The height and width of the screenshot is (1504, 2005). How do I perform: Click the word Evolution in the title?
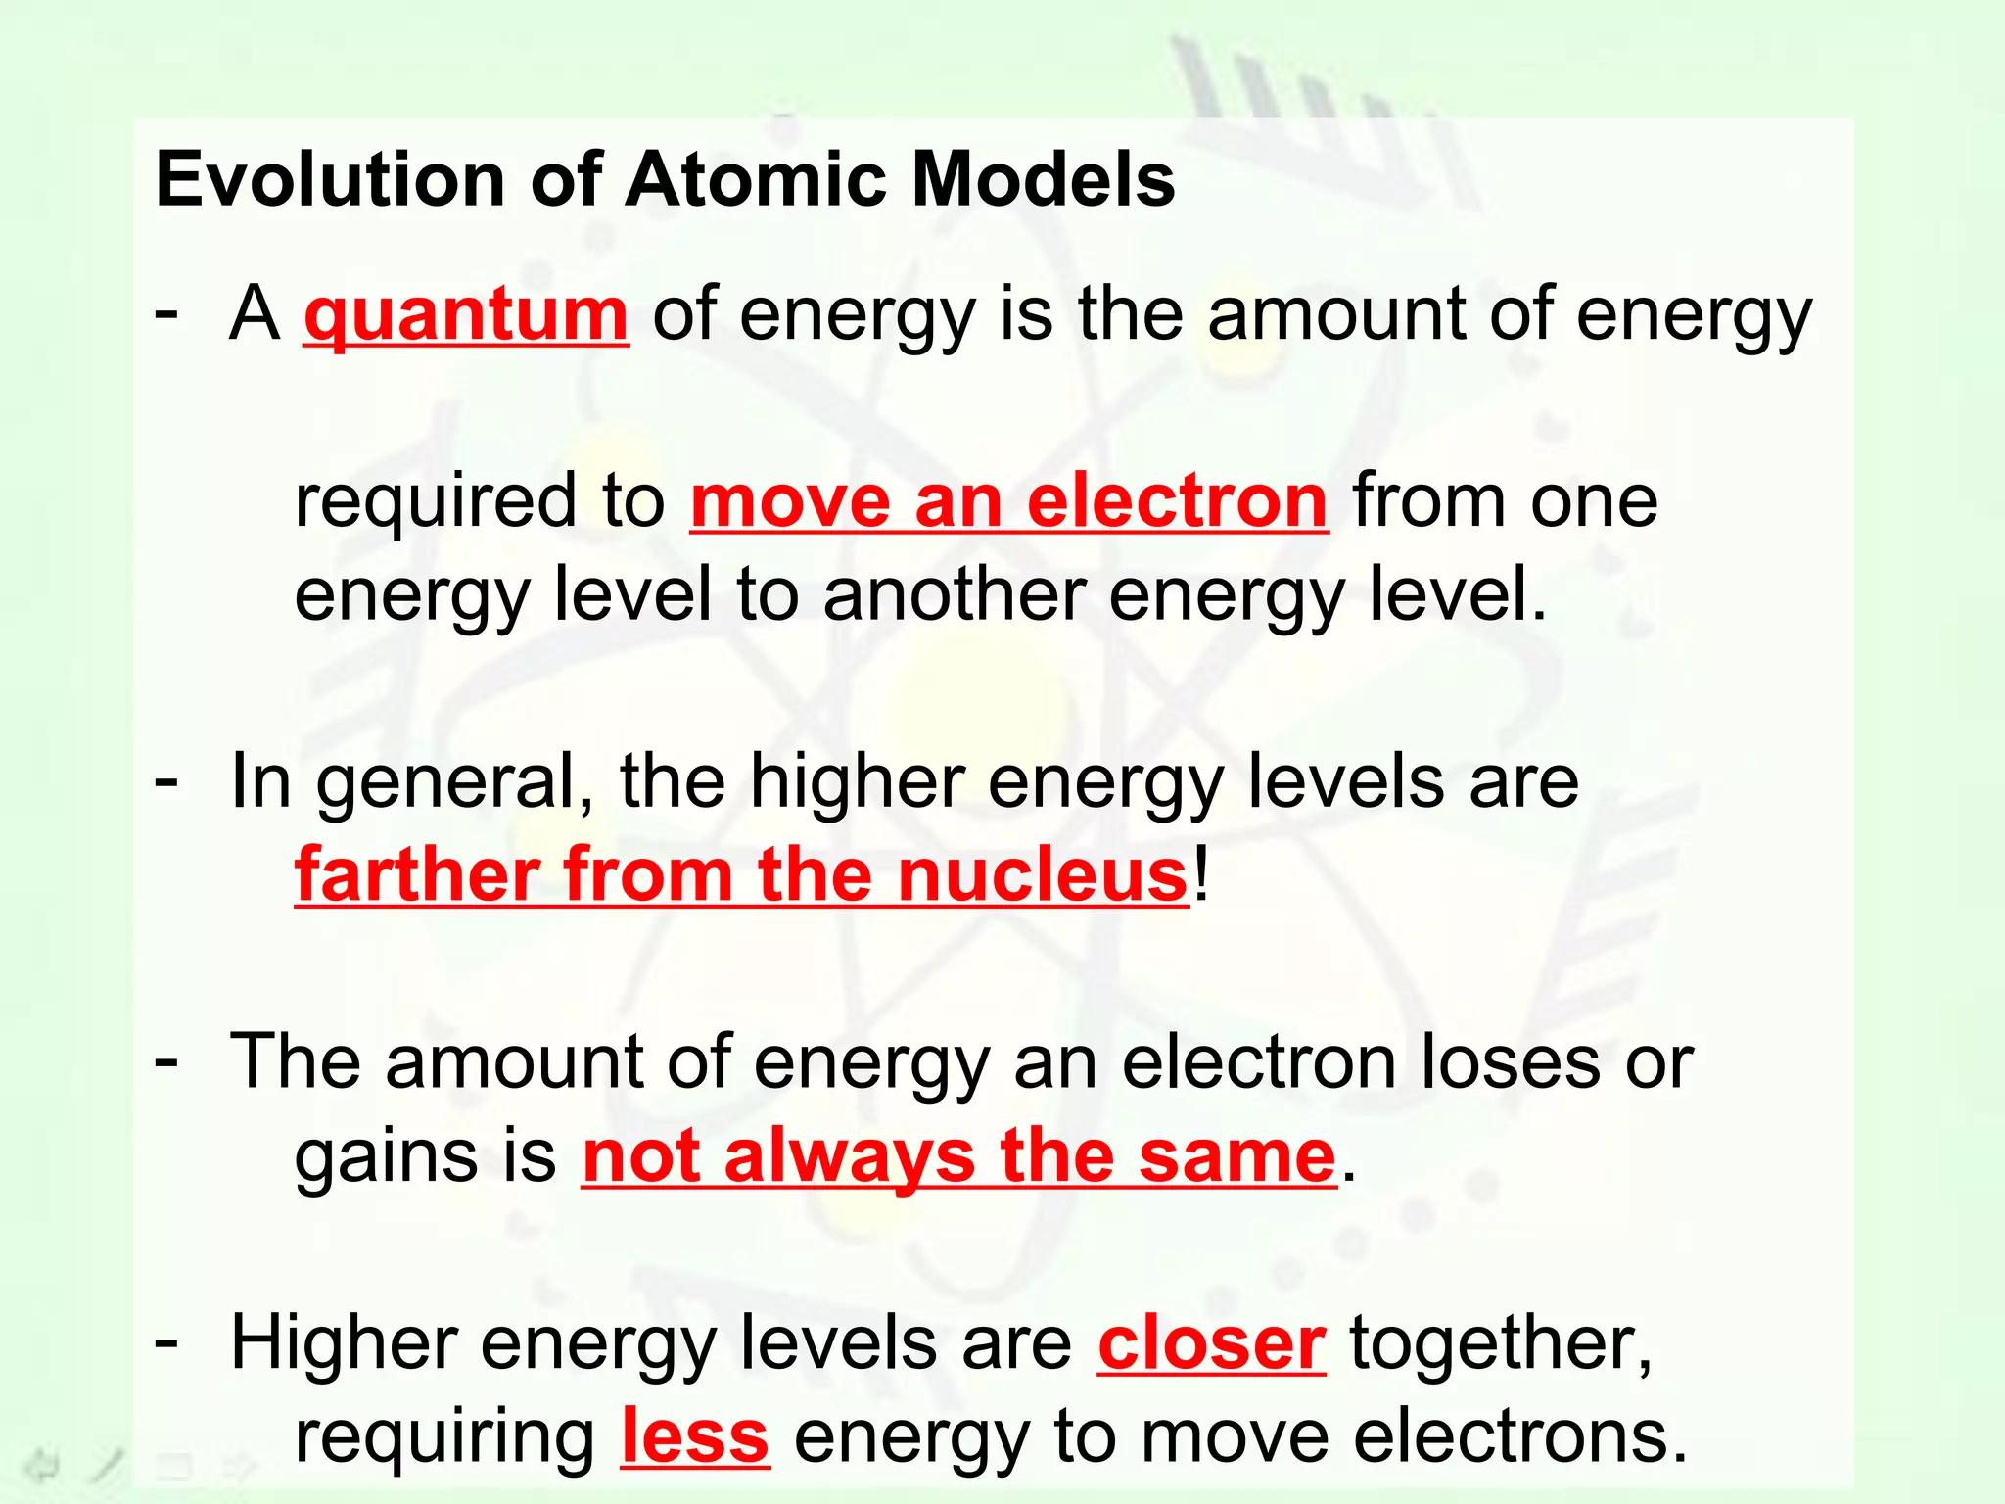point(331,180)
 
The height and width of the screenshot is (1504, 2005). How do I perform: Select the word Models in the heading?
point(1044,180)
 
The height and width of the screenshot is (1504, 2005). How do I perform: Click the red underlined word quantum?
point(466,315)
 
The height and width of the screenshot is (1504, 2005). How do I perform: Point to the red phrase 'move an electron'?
point(1009,501)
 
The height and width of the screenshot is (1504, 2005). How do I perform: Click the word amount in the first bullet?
point(1335,315)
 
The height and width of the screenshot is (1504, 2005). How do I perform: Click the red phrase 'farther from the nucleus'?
point(742,874)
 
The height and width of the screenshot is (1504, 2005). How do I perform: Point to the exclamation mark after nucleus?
point(1202,874)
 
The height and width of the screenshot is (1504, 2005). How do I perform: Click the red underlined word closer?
point(1212,1343)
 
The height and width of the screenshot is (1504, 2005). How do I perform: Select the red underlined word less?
point(695,1437)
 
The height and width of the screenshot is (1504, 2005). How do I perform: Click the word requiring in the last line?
point(445,1437)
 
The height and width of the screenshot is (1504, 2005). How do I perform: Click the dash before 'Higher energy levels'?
point(167,1341)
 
